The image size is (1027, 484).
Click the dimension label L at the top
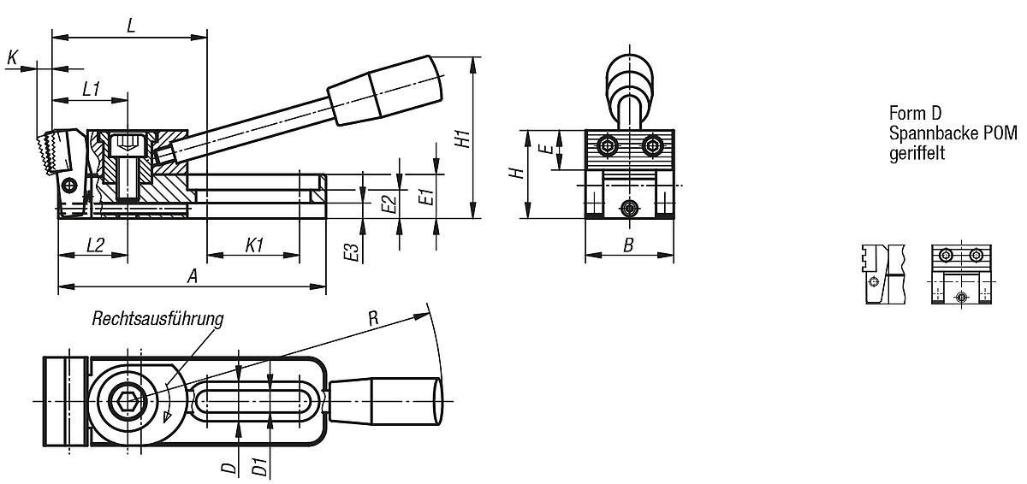point(130,26)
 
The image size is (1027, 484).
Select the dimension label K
point(12,57)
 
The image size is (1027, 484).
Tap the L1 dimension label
point(92,88)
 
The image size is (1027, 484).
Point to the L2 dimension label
point(94,245)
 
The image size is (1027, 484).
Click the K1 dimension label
point(253,245)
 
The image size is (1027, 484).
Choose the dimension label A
point(193,275)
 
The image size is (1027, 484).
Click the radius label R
point(372,318)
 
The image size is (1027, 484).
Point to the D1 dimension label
point(257,467)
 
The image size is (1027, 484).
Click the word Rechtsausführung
point(157,319)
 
